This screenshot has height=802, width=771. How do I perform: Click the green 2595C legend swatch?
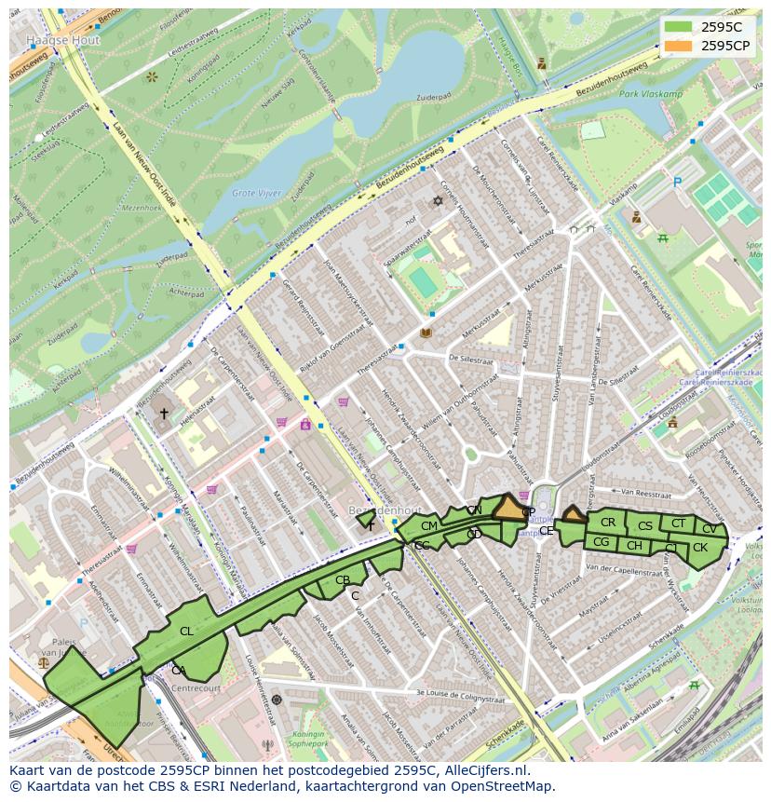(x=678, y=27)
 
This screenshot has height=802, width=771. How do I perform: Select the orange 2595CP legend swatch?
(x=678, y=46)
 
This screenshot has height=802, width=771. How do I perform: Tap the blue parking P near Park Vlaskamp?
(x=677, y=183)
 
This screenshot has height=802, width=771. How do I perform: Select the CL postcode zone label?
(x=186, y=631)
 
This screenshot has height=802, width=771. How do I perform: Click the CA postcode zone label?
(x=178, y=670)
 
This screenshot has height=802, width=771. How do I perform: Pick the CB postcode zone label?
(x=343, y=580)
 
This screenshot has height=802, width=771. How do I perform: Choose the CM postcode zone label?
(x=429, y=526)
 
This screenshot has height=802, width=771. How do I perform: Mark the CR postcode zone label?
(x=608, y=522)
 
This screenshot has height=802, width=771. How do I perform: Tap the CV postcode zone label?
(x=710, y=528)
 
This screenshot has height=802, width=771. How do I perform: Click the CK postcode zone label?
(x=700, y=547)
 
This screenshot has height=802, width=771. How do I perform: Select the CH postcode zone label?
(x=634, y=546)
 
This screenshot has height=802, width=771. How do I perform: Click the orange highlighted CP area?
(x=509, y=509)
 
